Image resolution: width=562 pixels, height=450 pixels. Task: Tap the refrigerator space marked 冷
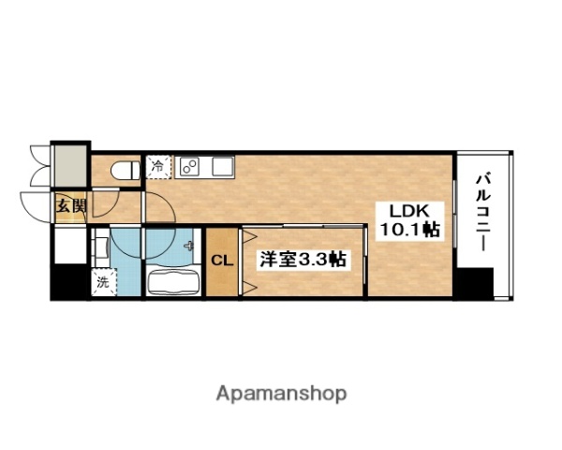(156, 168)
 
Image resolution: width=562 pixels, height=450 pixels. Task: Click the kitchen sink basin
(221, 168)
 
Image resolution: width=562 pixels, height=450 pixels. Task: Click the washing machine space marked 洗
(100, 279)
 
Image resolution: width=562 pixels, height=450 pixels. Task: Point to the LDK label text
(400, 211)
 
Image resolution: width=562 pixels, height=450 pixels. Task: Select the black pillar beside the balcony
(475, 283)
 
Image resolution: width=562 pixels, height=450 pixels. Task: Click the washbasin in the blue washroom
(101, 247)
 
